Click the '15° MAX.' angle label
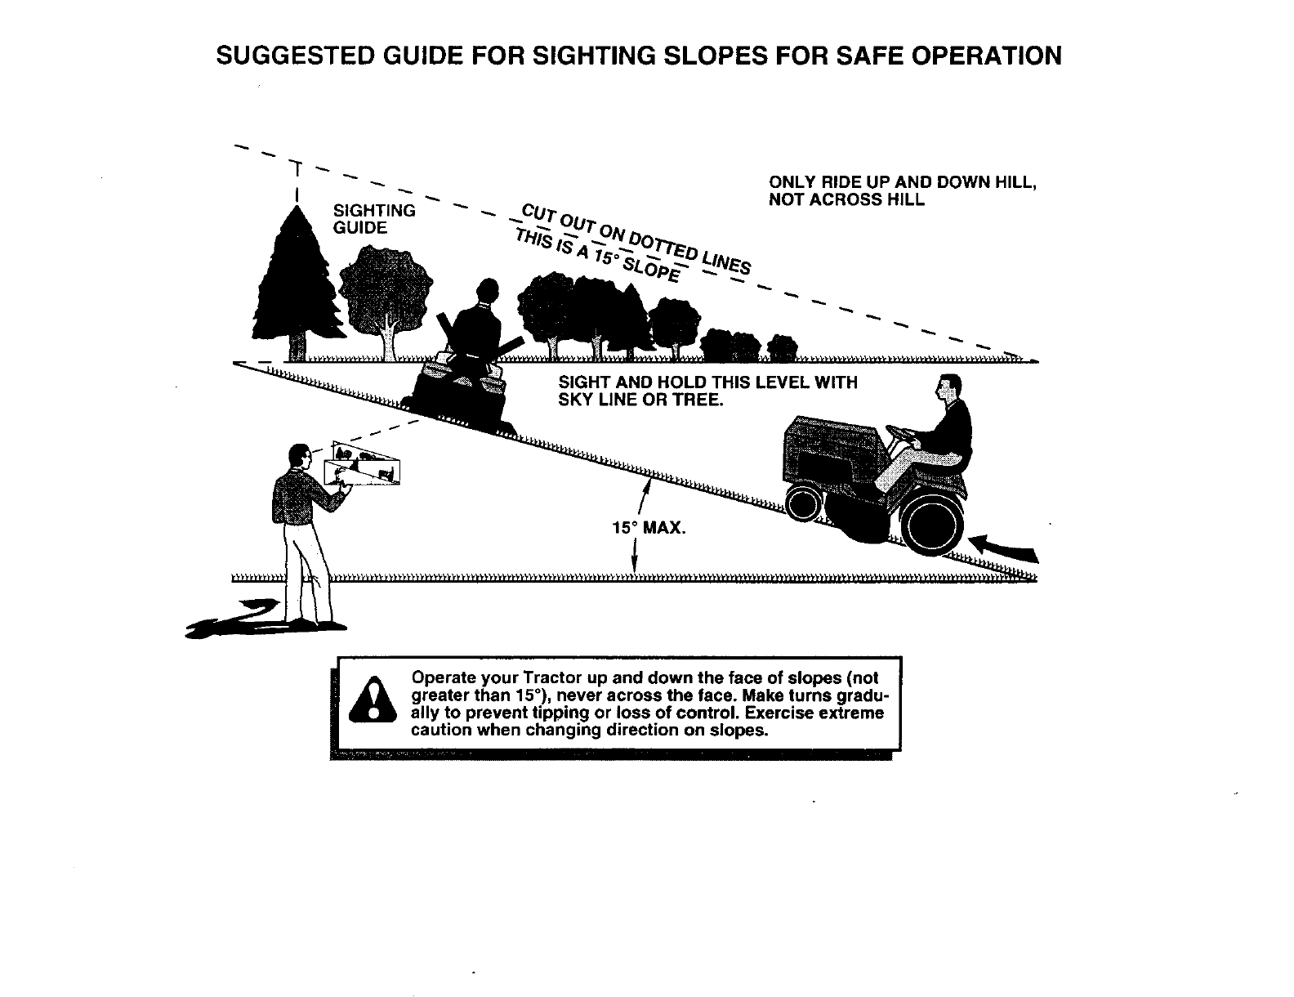tap(648, 528)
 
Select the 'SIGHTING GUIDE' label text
tap(375, 219)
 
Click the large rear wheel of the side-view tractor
tap(930, 517)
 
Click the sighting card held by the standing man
tap(365, 464)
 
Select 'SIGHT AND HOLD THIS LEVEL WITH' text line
tap(707, 382)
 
